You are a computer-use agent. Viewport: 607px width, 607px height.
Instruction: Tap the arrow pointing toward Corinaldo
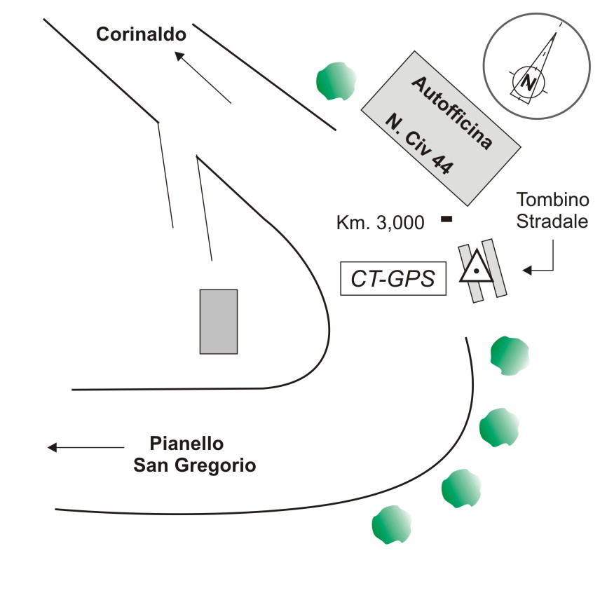[x=180, y=55]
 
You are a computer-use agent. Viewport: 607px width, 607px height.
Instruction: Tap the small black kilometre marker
[x=445, y=219]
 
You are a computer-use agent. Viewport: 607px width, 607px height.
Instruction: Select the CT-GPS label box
[x=393, y=279]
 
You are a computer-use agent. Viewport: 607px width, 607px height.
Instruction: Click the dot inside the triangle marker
[x=476, y=270]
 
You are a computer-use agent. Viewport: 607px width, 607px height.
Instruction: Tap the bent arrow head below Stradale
[x=527, y=270]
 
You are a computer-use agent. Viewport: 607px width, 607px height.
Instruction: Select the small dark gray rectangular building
[x=219, y=321]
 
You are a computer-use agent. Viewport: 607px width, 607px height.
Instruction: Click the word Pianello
[x=186, y=444]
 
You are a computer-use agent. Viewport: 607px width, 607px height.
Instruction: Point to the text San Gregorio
[x=194, y=465]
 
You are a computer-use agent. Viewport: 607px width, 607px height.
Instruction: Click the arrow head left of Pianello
[x=52, y=447]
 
